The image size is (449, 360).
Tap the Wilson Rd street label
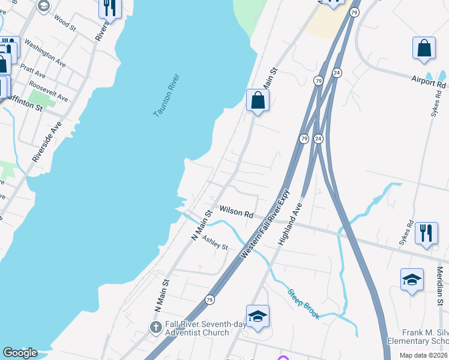pyautogui.click(x=237, y=211)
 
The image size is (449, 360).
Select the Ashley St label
pyautogui.click(x=215, y=244)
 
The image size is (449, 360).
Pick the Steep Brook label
pyautogui.click(x=304, y=305)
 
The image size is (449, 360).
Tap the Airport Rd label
pyautogui.click(x=429, y=81)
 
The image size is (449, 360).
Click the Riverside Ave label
pyautogui.click(x=47, y=142)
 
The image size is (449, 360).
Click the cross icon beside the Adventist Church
pyautogui.click(x=155, y=328)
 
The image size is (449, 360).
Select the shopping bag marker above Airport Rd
pyautogui.click(x=424, y=49)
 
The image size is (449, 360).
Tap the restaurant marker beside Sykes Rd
pyautogui.click(x=426, y=231)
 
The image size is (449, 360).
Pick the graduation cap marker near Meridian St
pyautogui.click(x=412, y=279)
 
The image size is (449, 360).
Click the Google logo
pyautogui.click(x=20, y=353)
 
